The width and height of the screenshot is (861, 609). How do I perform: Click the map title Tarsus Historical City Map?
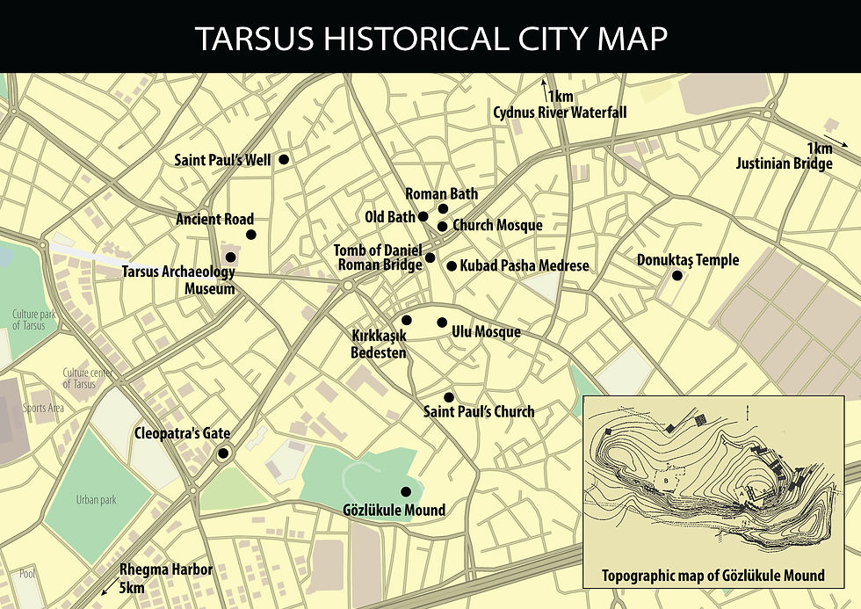pos(430,38)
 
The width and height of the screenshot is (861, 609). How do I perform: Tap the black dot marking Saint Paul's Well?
pos(284,159)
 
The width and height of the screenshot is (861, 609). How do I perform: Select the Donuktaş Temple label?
pos(688,260)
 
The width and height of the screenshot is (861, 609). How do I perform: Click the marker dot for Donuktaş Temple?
pos(677,276)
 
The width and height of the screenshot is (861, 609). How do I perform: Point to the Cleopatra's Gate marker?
pos(223,453)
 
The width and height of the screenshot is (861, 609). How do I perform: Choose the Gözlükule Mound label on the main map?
pos(394,510)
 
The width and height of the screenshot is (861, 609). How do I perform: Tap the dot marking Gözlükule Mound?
pos(406,492)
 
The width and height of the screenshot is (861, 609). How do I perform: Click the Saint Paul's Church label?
pos(479,411)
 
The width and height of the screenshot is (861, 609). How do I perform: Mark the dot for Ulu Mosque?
pos(442,323)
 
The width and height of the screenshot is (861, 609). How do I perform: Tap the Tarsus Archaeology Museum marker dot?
pos(230,257)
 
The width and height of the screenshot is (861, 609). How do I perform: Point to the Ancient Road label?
pos(214,219)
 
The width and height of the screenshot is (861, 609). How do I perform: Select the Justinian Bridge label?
pos(784,164)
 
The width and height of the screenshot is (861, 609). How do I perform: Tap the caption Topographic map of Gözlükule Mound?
pos(713,576)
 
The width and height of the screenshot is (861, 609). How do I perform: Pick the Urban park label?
pos(96,500)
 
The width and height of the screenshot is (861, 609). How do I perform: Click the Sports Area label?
pos(43,408)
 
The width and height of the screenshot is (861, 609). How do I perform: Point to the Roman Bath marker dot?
pos(443,208)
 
